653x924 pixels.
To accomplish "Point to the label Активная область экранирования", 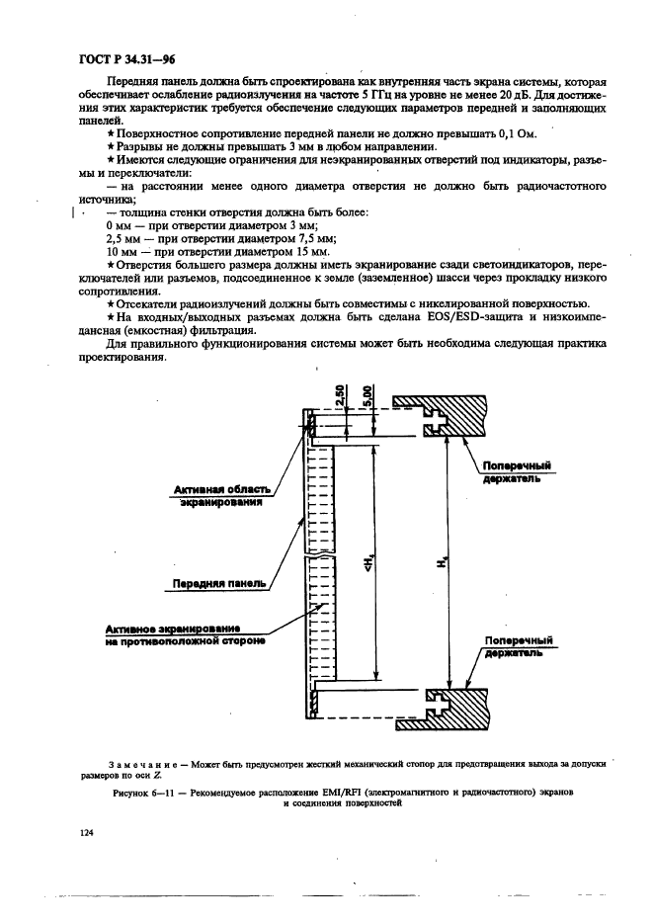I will click(219, 496).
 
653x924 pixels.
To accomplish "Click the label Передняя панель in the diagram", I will click(219, 583).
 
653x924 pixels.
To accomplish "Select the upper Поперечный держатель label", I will click(517, 470).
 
